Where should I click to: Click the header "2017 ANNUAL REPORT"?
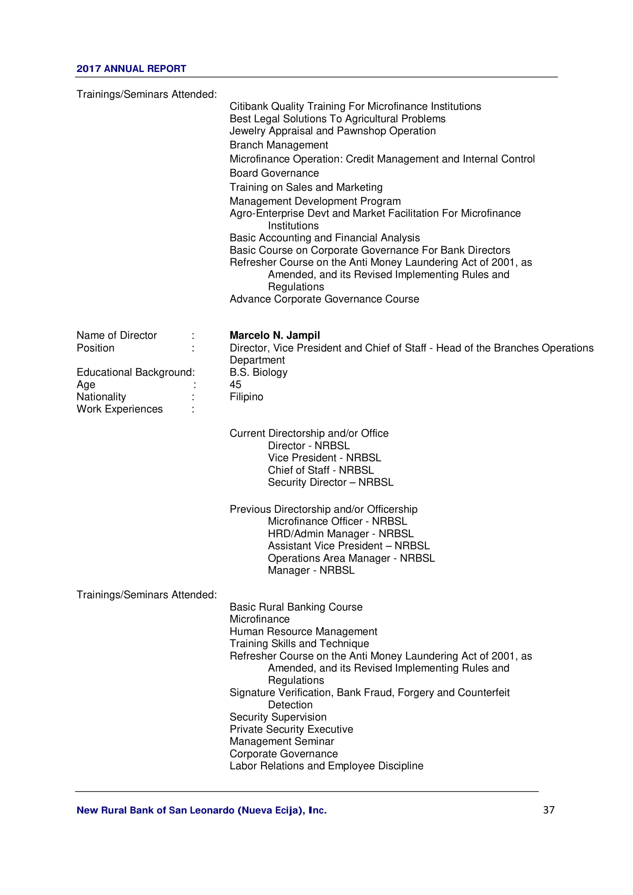131,68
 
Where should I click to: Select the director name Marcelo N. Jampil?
274,335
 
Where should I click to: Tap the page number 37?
548,810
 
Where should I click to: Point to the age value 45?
235,384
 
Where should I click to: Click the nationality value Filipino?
246,397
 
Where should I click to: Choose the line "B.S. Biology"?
258,372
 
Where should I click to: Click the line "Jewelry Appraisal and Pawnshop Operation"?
333,131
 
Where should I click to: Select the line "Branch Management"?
279,145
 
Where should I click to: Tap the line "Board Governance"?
274,173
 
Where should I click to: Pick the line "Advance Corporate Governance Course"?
324,299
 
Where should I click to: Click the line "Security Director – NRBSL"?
331,482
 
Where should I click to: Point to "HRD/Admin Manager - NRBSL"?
341,534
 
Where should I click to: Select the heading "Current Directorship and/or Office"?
309,434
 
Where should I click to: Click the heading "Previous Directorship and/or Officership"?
323,509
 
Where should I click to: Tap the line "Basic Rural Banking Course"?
296,607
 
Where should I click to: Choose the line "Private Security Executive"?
291,729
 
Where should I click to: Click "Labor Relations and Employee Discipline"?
326,766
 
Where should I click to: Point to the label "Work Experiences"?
120,409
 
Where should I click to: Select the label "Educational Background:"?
135,372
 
